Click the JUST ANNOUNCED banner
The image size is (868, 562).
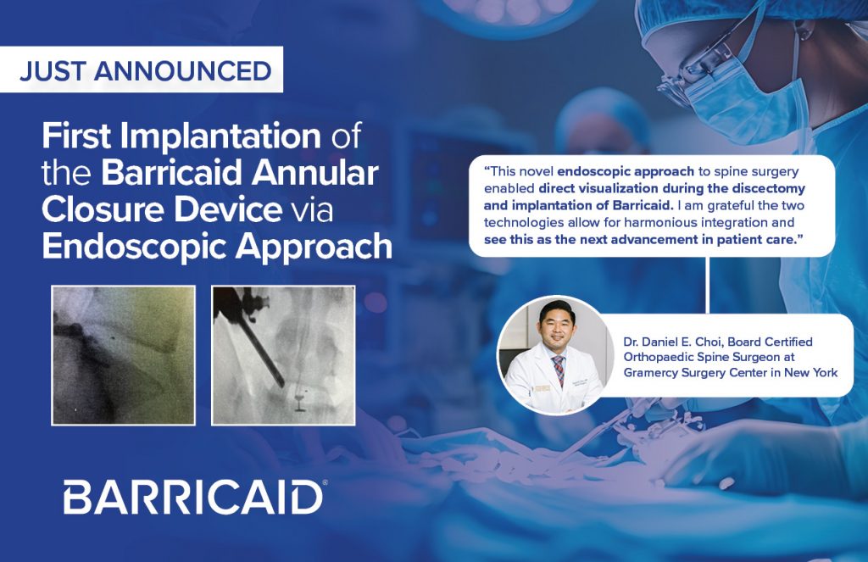coord(145,70)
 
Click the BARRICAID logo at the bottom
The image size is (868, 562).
coord(192,497)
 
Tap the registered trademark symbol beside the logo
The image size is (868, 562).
coord(325,484)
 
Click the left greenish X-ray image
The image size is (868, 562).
coord(123,354)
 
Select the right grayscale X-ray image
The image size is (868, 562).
coord(283,354)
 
